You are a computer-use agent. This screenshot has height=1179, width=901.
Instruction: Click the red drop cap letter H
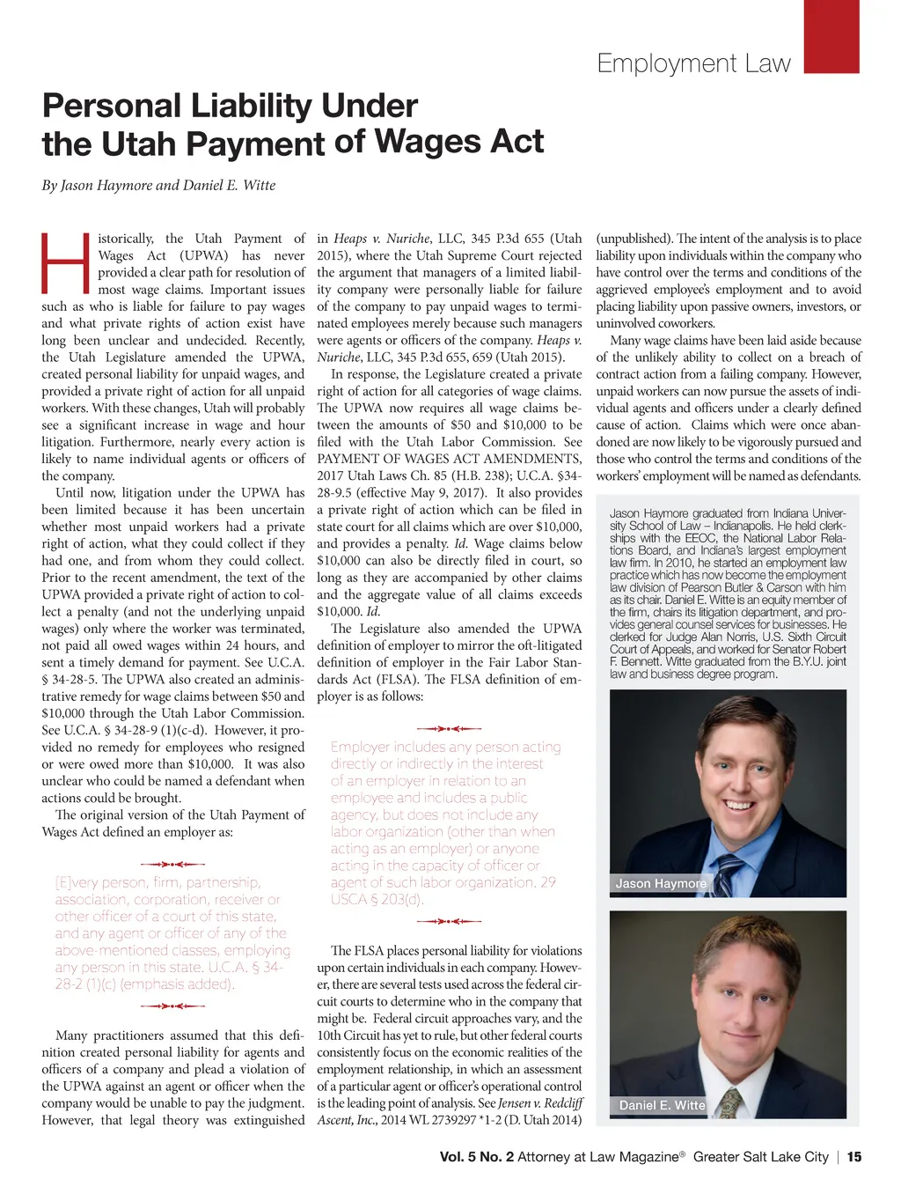pyautogui.click(x=66, y=262)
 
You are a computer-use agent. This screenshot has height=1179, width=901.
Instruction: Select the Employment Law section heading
pyautogui.click(x=693, y=63)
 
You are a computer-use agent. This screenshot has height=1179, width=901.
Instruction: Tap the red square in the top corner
pyautogui.click(x=831, y=36)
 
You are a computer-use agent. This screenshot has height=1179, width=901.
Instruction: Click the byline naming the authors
pyautogui.click(x=158, y=186)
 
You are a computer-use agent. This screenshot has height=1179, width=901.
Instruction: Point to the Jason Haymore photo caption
pyautogui.click(x=660, y=883)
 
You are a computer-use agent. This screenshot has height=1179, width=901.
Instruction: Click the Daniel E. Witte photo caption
pyautogui.click(x=662, y=1105)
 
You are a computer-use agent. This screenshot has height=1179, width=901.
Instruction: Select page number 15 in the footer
pyautogui.click(x=853, y=1157)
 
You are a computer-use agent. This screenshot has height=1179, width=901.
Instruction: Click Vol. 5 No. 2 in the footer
pyautogui.click(x=476, y=1157)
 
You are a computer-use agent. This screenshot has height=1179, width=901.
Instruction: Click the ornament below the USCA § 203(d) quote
pyautogui.click(x=449, y=921)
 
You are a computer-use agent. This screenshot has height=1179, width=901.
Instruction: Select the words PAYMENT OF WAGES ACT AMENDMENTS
pyautogui.click(x=449, y=459)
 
